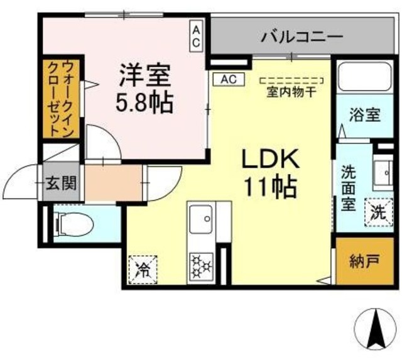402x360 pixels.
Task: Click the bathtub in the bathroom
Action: (x=361, y=79)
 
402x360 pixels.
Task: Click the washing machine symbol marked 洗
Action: (x=378, y=212)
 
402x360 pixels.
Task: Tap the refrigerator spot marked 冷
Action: (x=143, y=270)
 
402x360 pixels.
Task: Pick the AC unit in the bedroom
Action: (x=196, y=36)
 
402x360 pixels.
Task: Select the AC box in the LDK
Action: (x=228, y=79)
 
